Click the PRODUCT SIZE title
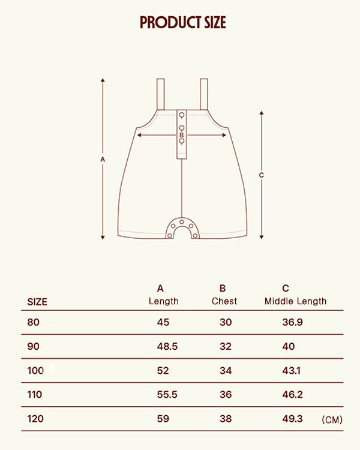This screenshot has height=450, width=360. (x=183, y=22)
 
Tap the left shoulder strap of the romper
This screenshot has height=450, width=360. (x=160, y=94)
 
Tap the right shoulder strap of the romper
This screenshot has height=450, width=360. (x=204, y=94)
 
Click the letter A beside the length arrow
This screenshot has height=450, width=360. (x=103, y=159)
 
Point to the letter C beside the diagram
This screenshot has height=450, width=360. (x=261, y=175)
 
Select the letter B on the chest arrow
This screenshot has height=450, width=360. (x=181, y=135)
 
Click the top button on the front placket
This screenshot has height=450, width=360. (x=182, y=115)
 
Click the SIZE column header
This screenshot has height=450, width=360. (x=37, y=302)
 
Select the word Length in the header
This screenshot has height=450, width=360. (x=164, y=301)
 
